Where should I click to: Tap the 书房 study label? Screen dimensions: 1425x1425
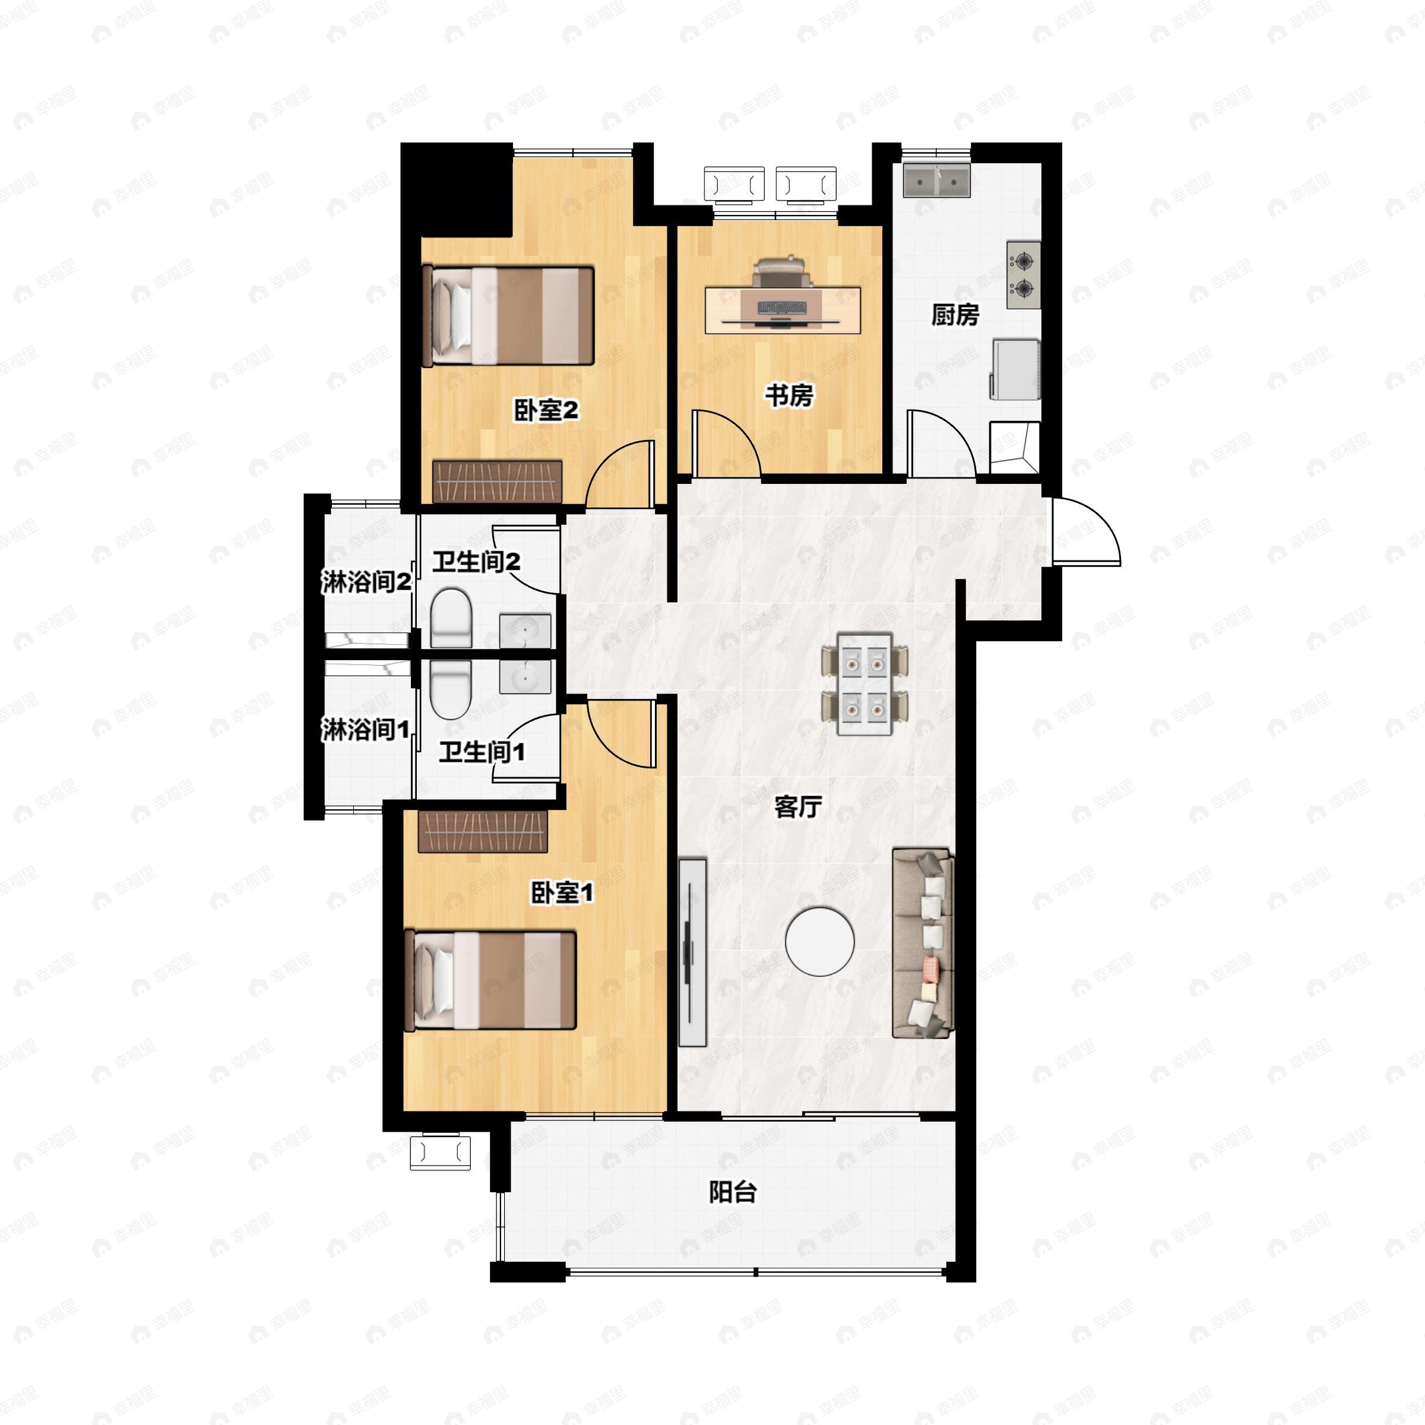(x=788, y=395)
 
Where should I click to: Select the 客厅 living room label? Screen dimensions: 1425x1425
(x=797, y=807)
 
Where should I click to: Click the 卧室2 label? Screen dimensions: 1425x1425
(x=546, y=410)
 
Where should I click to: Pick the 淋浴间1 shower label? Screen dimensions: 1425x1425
(x=365, y=730)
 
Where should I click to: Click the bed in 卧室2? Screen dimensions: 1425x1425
(x=509, y=316)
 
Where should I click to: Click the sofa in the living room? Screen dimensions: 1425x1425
(x=923, y=943)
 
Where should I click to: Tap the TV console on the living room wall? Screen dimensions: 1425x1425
(x=692, y=951)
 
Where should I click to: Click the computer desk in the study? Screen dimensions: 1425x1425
(x=783, y=310)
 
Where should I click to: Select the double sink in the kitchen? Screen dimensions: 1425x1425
(x=937, y=180)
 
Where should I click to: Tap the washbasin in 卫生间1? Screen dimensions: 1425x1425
(x=524, y=676)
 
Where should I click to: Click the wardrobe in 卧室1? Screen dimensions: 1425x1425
(x=482, y=831)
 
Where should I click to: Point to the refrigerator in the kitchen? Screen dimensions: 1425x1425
(x=1016, y=369)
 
